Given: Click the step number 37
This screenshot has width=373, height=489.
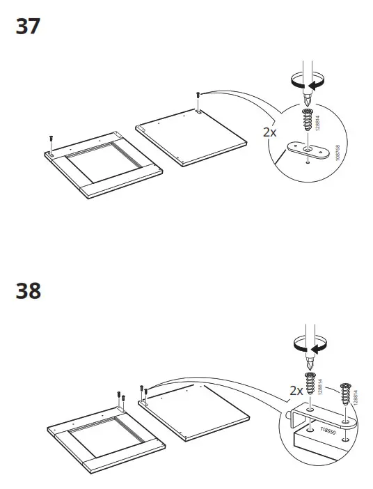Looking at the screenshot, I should point(28,27).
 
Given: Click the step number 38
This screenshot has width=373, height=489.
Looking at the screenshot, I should point(28,290).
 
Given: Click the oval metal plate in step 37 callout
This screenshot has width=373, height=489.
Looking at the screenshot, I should point(307,149).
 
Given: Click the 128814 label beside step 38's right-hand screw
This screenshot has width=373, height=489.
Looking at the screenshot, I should point(358,398).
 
